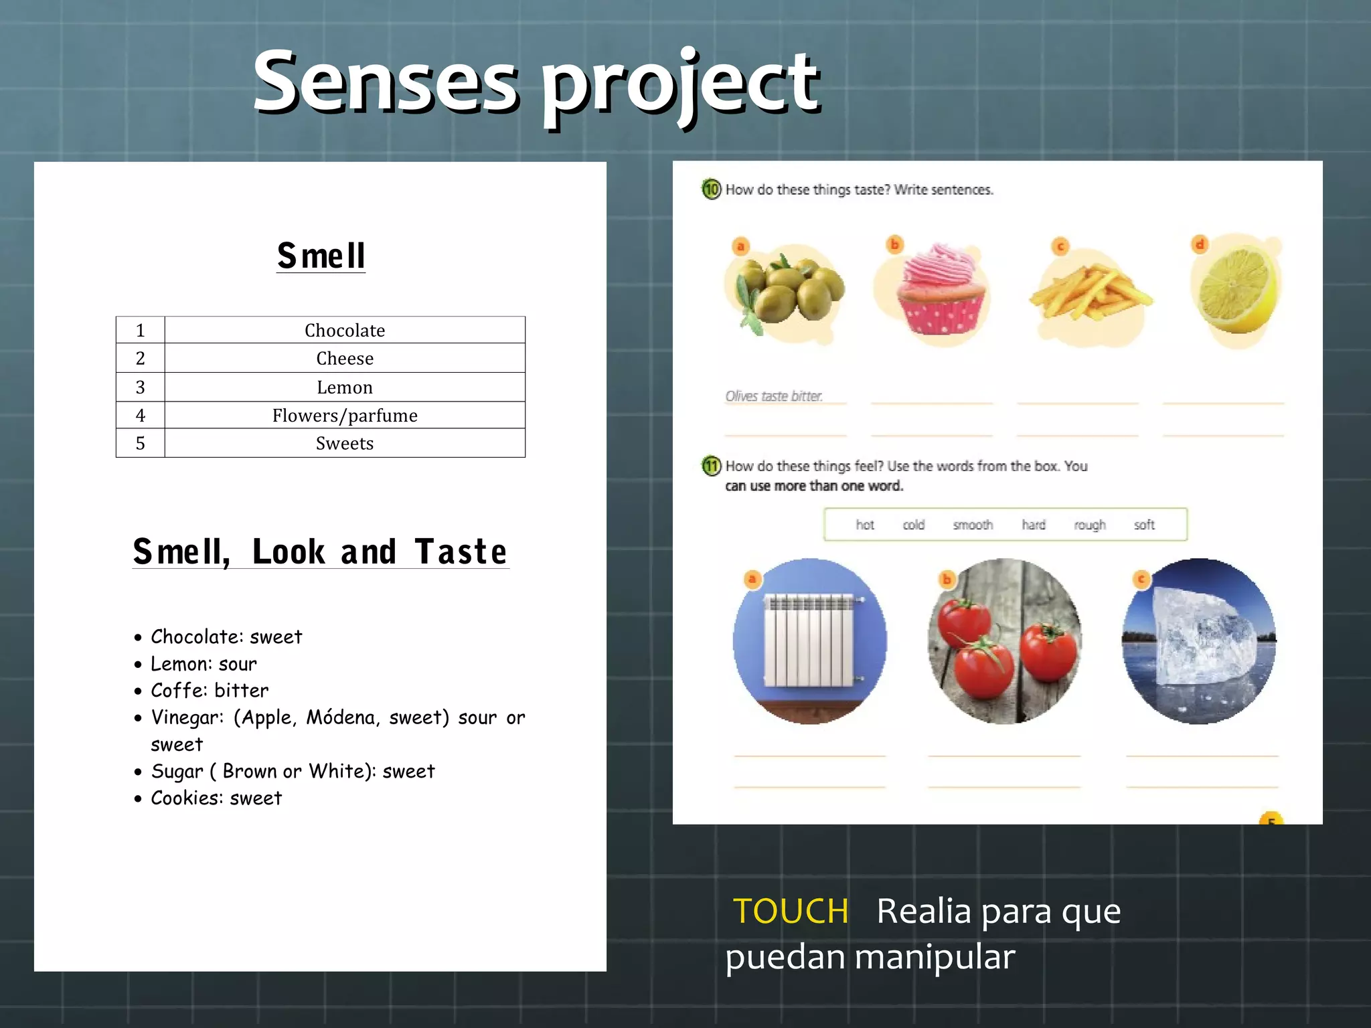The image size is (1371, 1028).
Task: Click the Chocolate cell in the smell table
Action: tap(345, 331)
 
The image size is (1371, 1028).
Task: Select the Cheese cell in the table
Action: tap(345, 359)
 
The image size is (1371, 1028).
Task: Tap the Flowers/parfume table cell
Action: tap(345, 416)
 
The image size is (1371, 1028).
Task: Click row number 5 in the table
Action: tap(140, 444)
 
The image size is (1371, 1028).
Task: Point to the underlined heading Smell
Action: tap(321, 256)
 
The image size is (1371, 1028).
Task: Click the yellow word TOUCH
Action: tap(791, 912)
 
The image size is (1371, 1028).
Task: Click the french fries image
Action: tap(1089, 294)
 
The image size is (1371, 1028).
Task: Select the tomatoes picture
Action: tap(1004, 641)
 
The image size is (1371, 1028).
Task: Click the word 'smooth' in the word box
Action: tap(973, 525)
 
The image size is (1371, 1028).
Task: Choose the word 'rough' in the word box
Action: tap(1090, 525)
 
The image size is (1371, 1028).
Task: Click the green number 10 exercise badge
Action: tap(711, 189)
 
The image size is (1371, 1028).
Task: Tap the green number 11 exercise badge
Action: tap(711, 466)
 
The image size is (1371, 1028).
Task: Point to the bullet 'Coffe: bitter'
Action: tap(210, 691)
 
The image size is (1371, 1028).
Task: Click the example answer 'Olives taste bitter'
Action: tap(774, 396)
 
